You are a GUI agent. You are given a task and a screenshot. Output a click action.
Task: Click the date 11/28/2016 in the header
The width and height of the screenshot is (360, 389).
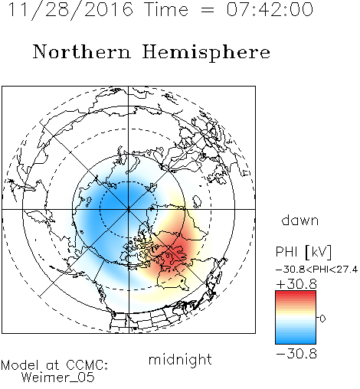70,10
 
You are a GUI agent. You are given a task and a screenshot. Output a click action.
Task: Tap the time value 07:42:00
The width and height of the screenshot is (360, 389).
270,10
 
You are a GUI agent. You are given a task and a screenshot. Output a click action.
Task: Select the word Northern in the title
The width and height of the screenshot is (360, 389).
82,51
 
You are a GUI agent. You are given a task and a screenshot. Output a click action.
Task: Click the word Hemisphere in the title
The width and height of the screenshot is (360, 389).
206,52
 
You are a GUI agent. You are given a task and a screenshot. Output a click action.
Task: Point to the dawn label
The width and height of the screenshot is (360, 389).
300,220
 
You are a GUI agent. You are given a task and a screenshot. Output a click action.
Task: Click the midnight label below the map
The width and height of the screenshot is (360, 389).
180,359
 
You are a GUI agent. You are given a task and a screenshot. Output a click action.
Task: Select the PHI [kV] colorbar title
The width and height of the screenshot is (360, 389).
303,252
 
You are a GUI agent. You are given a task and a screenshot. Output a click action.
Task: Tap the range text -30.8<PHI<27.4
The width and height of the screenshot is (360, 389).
317,270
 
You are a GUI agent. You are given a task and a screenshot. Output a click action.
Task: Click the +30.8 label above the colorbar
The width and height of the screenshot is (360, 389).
296,284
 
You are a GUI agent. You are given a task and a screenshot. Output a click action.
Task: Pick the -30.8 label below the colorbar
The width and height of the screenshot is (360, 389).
296,354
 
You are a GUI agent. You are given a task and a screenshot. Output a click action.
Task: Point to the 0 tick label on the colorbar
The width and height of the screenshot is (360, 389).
322,319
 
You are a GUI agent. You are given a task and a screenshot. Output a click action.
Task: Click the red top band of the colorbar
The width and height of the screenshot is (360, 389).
296,294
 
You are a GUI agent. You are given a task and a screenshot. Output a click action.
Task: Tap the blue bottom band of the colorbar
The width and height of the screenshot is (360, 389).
296,341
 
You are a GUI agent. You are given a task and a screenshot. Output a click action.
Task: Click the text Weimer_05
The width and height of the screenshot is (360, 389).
58,378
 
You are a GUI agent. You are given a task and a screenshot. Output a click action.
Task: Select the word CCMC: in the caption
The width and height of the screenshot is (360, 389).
87,365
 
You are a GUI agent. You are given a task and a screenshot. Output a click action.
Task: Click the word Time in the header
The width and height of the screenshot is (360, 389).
166,10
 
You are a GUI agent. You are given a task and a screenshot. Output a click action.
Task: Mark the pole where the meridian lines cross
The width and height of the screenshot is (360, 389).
129,209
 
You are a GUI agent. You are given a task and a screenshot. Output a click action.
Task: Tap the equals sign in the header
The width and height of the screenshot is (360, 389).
207,10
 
